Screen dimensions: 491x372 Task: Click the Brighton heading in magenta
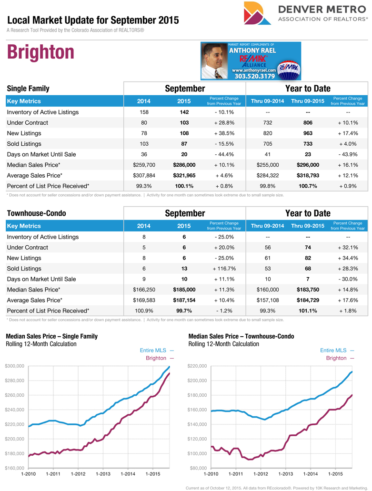tap(40, 52)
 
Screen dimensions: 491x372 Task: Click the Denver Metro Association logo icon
tap(256, 13)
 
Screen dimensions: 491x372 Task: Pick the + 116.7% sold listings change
tap(224, 269)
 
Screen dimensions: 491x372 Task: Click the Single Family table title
tap(28, 89)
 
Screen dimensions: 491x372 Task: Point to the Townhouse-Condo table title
tap(36, 213)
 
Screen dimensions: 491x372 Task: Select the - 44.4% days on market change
tap(224, 154)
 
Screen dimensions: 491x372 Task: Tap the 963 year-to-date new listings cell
tap(308, 133)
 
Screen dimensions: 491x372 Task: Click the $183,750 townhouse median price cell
tap(308, 290)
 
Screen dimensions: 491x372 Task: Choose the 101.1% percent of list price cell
tap(308, 311)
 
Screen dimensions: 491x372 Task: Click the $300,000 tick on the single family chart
tap(15, 366)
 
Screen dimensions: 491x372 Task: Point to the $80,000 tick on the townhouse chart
tap(200, 468)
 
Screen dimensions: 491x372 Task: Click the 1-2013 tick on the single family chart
tap(103, 474)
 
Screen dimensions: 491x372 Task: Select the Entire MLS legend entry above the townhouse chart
tap(337, 351)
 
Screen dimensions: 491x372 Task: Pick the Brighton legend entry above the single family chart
tap(160, 358)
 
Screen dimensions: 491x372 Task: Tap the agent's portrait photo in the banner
tap(214, 61)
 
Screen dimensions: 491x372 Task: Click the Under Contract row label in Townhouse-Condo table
tap(27, 248)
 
